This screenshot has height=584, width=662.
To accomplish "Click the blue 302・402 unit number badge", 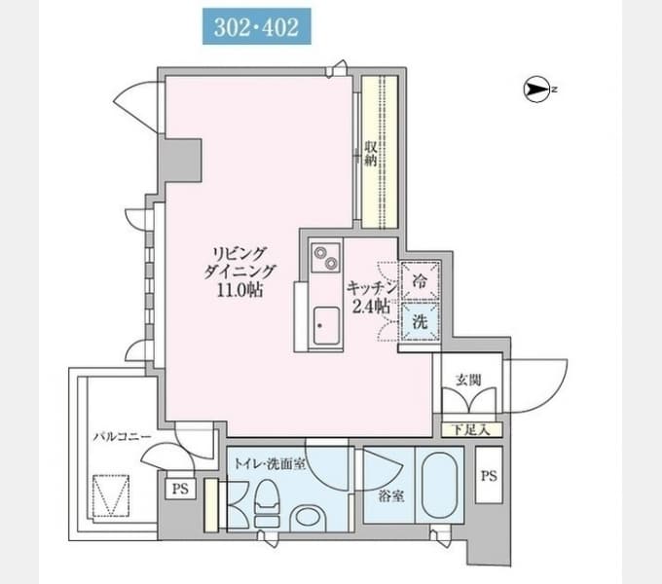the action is pos(257,26).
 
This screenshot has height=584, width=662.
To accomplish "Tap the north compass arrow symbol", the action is pos(537,89).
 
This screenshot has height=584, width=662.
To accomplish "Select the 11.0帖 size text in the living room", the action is pos(240,289).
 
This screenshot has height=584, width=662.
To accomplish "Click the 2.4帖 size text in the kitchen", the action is pos(371,307).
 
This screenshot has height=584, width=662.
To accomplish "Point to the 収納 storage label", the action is pos(371,154).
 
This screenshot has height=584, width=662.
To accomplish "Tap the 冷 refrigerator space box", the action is pos(420,280).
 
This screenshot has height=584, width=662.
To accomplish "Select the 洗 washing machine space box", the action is pos(420,321).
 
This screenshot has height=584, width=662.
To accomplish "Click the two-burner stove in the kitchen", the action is pos(325,257).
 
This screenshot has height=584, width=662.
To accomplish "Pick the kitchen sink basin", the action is pos(326,325).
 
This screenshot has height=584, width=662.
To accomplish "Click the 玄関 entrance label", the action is pos(468,380).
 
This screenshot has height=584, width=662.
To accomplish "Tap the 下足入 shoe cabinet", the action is pos(471,429).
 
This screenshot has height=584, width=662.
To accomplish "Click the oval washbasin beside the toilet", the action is pos(309,518).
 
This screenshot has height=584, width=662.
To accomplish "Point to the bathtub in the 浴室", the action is pos(440,486).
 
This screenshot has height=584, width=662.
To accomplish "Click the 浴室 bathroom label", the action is pos(391,495).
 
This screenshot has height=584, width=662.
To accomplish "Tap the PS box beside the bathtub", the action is pos(489,475).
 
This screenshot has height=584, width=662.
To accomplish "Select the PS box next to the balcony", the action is pos(180,489).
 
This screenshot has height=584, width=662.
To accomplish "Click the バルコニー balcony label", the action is pos(122,436).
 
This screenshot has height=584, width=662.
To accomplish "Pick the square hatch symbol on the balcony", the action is pos(111,495).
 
